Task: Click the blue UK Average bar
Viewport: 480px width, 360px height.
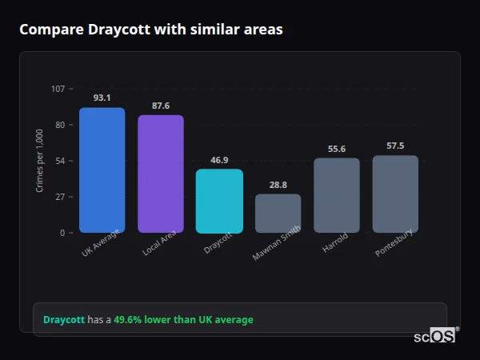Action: coord(102,170)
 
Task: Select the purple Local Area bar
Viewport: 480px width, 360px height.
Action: coord(161,174)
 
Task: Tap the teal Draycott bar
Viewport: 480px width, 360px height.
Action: coord(219,201)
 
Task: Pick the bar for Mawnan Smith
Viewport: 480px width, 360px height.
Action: coord(278,214)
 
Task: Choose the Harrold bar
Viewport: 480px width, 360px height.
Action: coord(337,195)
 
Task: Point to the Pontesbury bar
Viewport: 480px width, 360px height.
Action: coord(395,194)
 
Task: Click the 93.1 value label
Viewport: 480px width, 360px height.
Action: coord(102,98)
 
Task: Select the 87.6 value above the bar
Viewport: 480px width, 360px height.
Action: coord(161,106)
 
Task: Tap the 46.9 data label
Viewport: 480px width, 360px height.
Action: coord(219,160)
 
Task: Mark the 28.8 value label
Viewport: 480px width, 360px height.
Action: coord(278,185)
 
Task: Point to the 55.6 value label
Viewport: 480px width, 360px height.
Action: coord(337,149)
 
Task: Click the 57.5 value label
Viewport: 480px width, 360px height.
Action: coord(395,146)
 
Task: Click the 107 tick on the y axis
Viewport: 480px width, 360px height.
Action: coord(58,88)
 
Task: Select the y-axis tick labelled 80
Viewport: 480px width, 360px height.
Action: coord(60,125)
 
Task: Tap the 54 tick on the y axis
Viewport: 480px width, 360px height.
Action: coord(60,161)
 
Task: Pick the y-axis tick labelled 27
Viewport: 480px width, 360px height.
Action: coord(60,197)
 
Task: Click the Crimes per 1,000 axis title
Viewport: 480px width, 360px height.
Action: coord(39,160)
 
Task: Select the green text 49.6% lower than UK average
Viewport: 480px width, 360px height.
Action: coord(183,320)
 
